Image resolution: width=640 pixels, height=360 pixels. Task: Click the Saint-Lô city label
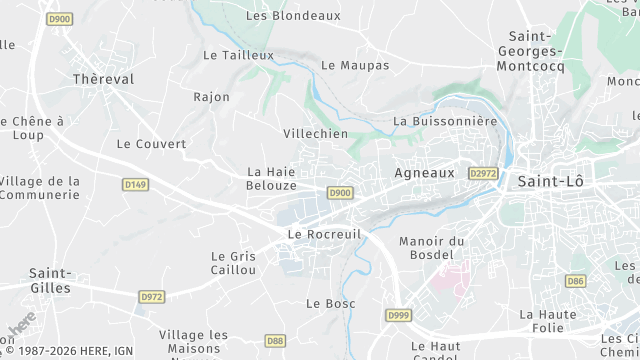pos(551,181)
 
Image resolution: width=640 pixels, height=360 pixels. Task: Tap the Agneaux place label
pos(425,172)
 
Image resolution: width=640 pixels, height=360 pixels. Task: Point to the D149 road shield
pos(135,184)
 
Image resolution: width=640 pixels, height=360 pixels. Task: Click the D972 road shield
pos(152,296)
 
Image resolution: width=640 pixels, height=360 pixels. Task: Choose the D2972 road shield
pos(482,173)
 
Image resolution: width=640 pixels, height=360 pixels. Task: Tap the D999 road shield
pos(398,315)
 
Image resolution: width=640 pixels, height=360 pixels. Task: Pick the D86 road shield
pos(575,281)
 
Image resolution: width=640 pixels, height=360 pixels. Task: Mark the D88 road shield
pos(275,341)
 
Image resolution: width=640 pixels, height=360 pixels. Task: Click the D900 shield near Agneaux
pos(340,193)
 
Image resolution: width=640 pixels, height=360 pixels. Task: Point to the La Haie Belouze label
pos(271,179)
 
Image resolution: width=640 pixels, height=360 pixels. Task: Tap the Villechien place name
pos(315,133)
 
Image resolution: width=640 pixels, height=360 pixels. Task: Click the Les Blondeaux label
pos(293,16)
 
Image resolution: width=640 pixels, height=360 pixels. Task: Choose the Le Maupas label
pos(355,65)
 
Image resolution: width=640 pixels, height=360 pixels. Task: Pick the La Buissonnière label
pos(445,121)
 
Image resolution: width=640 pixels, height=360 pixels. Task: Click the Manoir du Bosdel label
pos(432,248)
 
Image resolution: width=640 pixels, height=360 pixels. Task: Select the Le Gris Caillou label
pos(234,263)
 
